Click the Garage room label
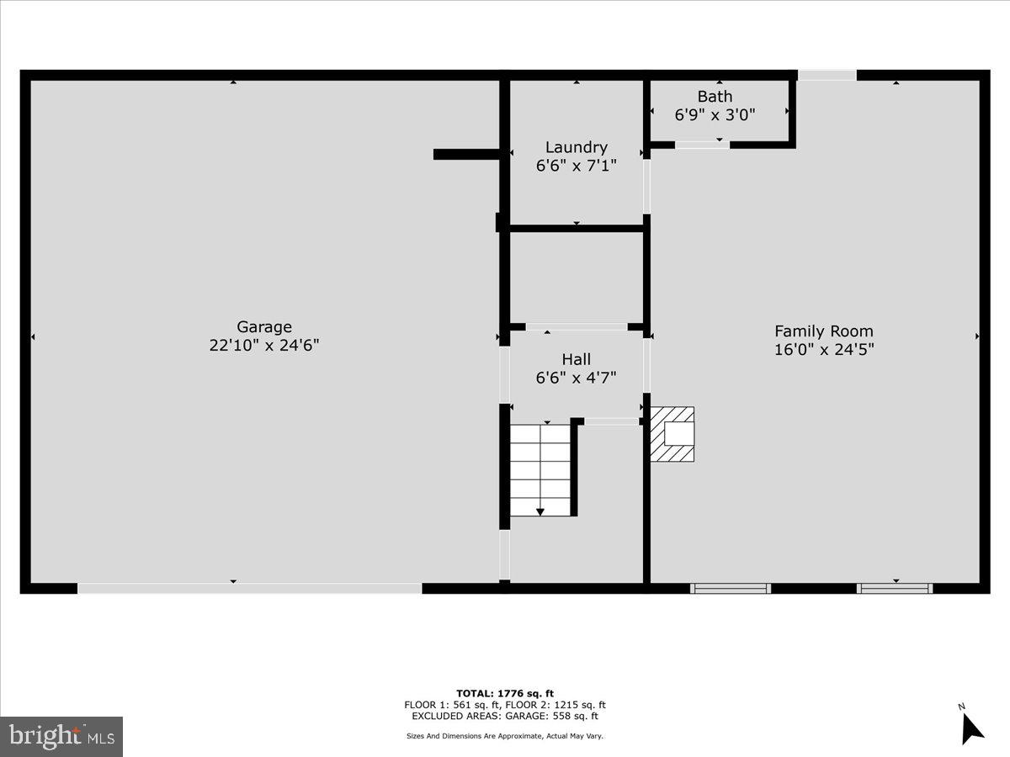click(x=263, y=326)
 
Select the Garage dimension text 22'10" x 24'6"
click(x=263, y=345)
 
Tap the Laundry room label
click(x=576, y=147)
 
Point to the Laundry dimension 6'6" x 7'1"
click(x=576, y=166)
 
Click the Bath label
click(x=715, y=96)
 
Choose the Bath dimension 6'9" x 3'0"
click(x=715, y=114)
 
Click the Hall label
click(x=576, y=359)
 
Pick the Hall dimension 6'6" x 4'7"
click(x=576, y=378)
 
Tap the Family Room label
click(x=823, y=331)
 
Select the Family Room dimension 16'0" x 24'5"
click(x=823, y=349)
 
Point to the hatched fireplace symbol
click(x=672, y=434)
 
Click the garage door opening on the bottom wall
click(x=250, y=589)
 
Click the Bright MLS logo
click(x=61, y=736)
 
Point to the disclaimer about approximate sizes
click(x=505, y=736)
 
